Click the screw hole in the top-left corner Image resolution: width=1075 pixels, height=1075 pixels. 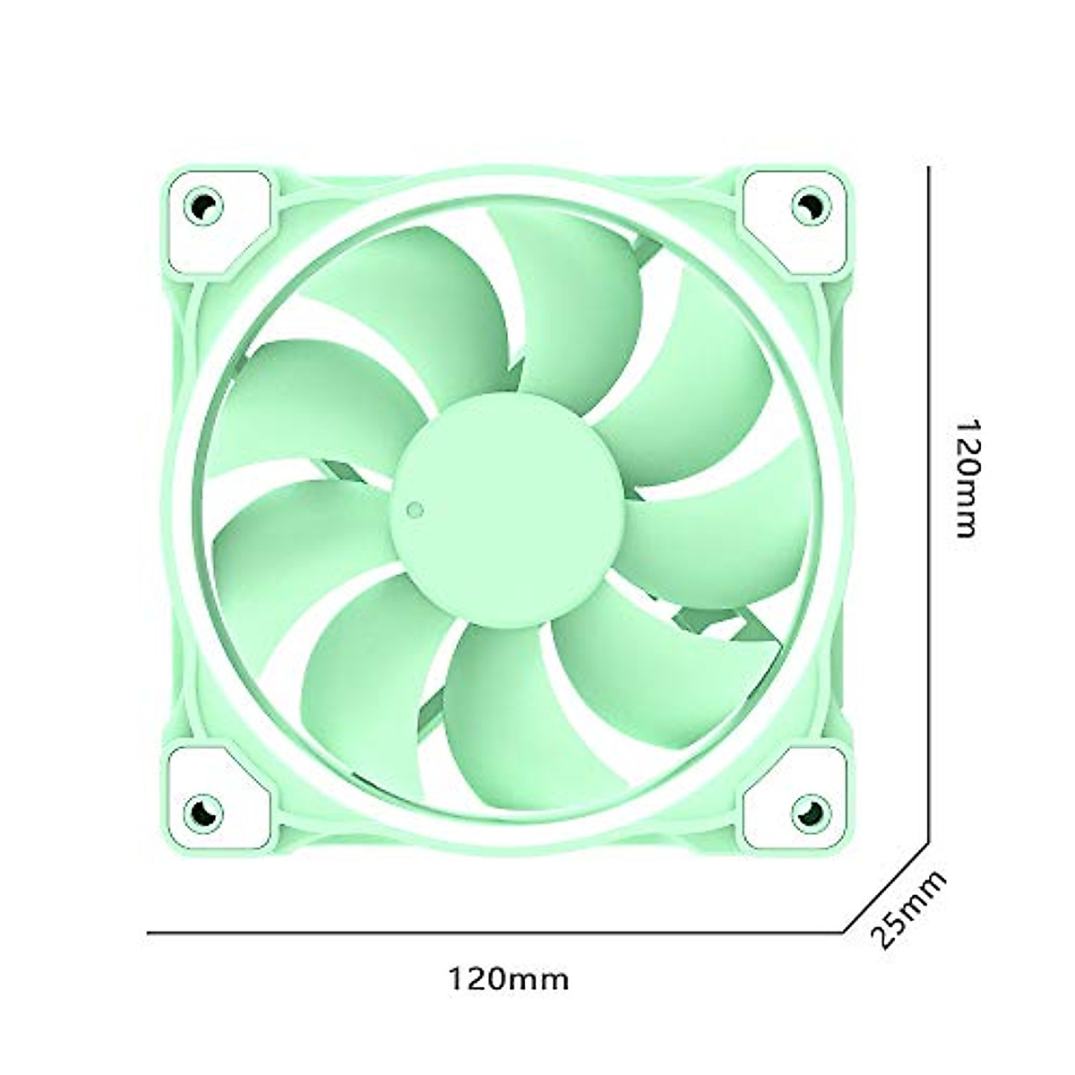(203, 207)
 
